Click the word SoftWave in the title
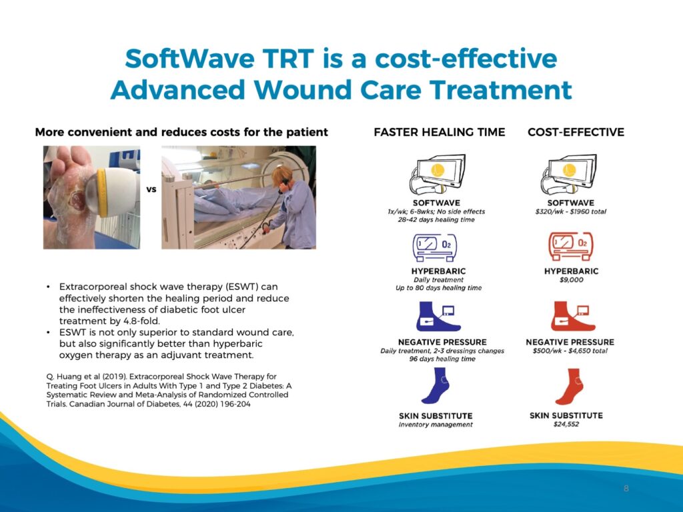[x=189, y=59]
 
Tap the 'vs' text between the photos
[x=151, y=189]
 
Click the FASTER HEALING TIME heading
[x=439, y=132]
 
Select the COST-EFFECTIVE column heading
[x=576, y=132]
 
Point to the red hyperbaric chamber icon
[x=571, y=247]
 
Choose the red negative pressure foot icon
[x=573, y=317]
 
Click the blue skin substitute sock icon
[x=436, y=386]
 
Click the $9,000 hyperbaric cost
[x=571, y=280]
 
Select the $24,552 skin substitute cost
[x=566, y=425]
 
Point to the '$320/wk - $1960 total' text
[x=571, y=212]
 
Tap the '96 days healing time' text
[x=442, y=359]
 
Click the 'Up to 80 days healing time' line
[x=439, y=288]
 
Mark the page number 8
[x=626, y=489]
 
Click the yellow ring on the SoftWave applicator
[x=101, y=193]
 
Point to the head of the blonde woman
[x=281, y=176]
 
